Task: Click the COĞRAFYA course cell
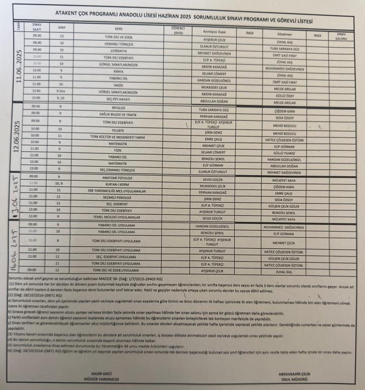tap(119, 50)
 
